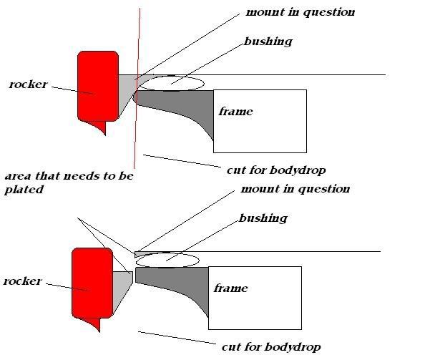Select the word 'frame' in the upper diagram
(235, 112)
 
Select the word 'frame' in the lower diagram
(231, 288)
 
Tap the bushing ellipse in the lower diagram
(167, 259)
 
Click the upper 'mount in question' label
(300, 13)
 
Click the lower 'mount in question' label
(295, 190)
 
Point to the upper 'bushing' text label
(268, 42)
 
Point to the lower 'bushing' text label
(263, 218)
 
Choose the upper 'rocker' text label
(28, 84)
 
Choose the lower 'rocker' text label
(23, 281)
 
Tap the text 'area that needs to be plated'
(68, 183)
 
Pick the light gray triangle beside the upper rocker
(127, 89)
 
